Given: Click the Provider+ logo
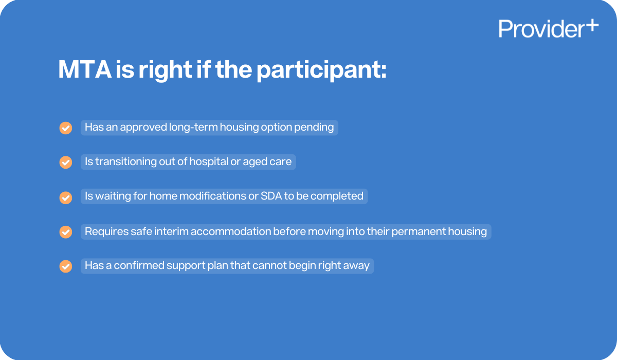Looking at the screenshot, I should tap(548, 28).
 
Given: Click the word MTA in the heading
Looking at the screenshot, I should tap(84, 69).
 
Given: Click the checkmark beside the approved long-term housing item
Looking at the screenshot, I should tap(66, 128).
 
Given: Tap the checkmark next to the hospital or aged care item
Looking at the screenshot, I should tap(66, 162).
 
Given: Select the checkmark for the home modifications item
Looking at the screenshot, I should tap(66, 197).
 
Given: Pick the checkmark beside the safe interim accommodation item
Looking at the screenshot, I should tap(66, 232).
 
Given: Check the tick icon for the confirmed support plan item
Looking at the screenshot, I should tap(66, 266).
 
